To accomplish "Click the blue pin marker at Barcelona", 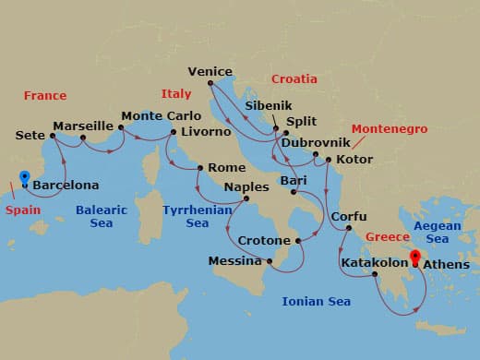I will (x=24, y=179).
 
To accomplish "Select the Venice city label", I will (x=210, y=71).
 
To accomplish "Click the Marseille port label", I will (x=83, y=126).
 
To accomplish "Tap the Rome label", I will (x=227, y=167).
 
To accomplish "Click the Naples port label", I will (x=246, y=186).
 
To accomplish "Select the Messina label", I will (x=235, y=261).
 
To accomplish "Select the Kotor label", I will (x=355, y=160).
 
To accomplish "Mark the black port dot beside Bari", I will (x=294, y=193).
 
